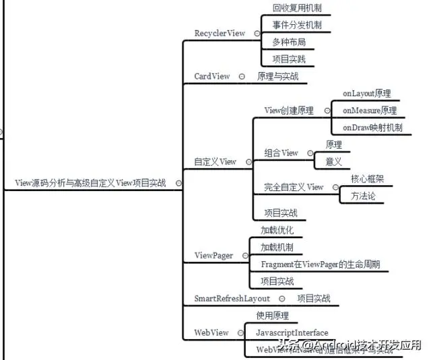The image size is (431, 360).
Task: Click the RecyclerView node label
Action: (220, 33)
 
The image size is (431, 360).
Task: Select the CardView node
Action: (212, 76)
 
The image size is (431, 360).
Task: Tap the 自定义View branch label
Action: (215, 161)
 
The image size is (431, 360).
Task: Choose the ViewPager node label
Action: (213, 256)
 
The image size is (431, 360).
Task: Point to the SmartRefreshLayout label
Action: (232, 298)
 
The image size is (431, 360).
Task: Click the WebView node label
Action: (211, 332)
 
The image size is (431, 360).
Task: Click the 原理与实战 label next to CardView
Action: (277, 76)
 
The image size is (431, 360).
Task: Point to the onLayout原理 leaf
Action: (366, 94)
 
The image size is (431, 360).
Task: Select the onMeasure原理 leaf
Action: (369, 110)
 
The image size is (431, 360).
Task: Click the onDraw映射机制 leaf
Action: (372, 127)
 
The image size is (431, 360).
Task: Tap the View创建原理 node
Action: (289, 110)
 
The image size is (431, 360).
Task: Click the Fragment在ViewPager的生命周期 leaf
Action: (320, 264)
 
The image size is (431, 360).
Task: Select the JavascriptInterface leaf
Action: (292, 332)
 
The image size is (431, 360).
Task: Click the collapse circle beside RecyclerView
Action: (257, 33)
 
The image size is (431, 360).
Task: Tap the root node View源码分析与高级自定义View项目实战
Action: (90, 182)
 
